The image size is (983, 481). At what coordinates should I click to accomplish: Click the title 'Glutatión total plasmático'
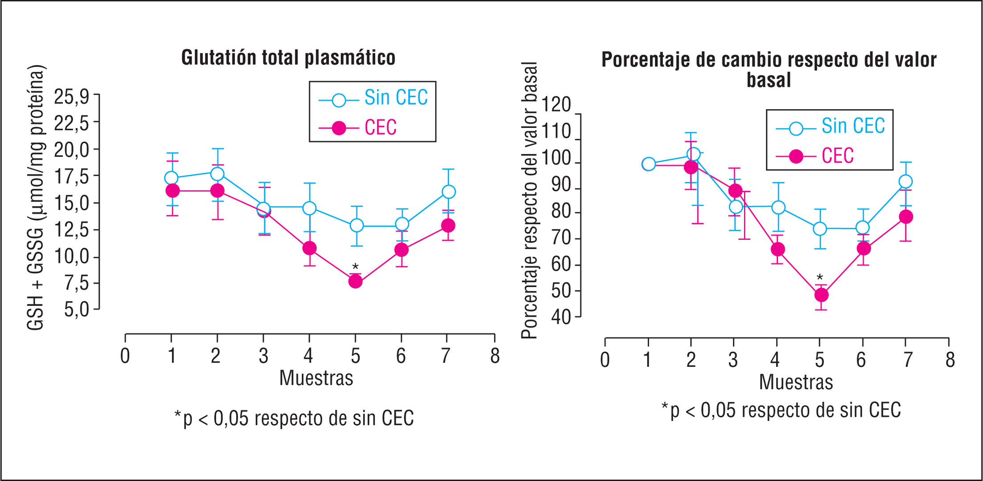288,58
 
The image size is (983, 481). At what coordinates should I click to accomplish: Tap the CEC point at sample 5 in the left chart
355,281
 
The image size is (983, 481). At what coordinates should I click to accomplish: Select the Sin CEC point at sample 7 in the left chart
448,192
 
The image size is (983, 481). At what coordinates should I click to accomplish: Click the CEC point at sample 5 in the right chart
821,295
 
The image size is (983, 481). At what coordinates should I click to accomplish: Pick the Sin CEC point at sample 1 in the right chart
649,164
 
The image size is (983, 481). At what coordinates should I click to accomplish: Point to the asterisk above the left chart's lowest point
355,267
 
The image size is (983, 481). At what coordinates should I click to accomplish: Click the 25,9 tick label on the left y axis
71,97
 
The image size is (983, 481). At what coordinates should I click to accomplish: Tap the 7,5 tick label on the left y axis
76,283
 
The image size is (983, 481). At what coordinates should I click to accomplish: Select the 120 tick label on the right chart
556,105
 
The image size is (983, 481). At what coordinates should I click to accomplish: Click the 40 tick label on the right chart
560,317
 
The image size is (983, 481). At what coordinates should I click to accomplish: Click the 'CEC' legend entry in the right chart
837,156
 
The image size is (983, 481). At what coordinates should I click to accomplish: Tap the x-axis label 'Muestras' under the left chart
316,378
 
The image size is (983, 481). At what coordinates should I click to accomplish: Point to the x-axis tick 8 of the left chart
495,356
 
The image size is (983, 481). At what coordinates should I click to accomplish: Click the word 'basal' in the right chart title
769,80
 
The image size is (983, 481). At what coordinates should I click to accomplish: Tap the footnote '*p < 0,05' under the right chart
780,410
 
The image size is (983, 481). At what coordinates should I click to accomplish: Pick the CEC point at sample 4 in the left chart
309,248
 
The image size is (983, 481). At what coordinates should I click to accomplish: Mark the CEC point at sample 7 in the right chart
905,217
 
